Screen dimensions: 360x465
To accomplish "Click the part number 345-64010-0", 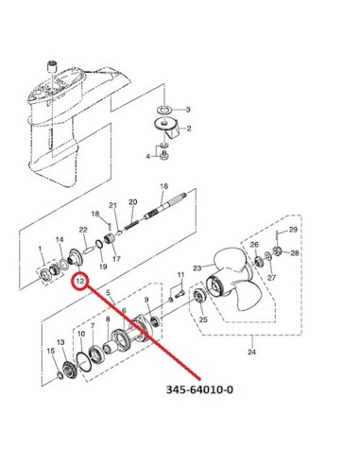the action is pos(199,389).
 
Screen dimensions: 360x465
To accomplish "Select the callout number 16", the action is pos(164,186).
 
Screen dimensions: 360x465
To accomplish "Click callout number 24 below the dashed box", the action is pos(251,352).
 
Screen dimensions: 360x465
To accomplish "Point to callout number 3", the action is pos(188,110).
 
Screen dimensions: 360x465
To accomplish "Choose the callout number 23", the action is pos(197,268).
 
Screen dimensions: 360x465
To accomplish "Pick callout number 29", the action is pos(293,230).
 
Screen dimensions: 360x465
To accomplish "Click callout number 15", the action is pos(51,351).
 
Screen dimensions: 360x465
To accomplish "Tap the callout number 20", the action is pos(133,201).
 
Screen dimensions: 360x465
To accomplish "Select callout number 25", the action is pos(203,319).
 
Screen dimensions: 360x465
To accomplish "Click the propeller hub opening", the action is pos(216,285).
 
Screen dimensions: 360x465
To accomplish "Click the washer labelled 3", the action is pos(163,110).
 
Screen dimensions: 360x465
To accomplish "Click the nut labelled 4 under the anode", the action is pos(163,156).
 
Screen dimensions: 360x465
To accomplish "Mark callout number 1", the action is pos(40,249).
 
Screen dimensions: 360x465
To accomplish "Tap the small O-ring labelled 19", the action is pos(98,244).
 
